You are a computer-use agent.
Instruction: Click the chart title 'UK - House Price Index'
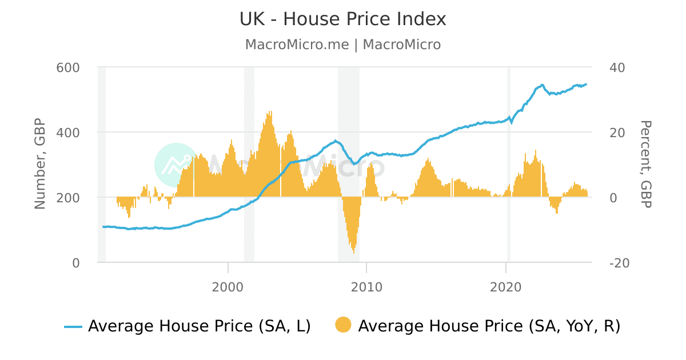[342, 19]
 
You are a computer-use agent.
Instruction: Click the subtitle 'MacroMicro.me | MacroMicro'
[342, 45]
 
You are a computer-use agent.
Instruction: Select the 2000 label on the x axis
[228, 287]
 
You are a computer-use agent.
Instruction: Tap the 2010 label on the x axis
[366, 287]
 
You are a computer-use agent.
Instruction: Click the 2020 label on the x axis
[506, 287]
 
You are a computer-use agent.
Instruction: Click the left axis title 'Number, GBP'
[40, 165]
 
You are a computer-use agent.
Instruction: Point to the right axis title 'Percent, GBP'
[645, 165]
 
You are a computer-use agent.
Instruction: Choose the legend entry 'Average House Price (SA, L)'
[199, 326]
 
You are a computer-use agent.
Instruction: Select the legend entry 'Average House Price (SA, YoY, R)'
[489, 326]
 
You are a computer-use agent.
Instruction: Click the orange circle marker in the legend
[343, 326]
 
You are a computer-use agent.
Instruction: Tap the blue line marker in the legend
[73, 327]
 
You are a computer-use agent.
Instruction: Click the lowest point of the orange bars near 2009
[354, 252]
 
